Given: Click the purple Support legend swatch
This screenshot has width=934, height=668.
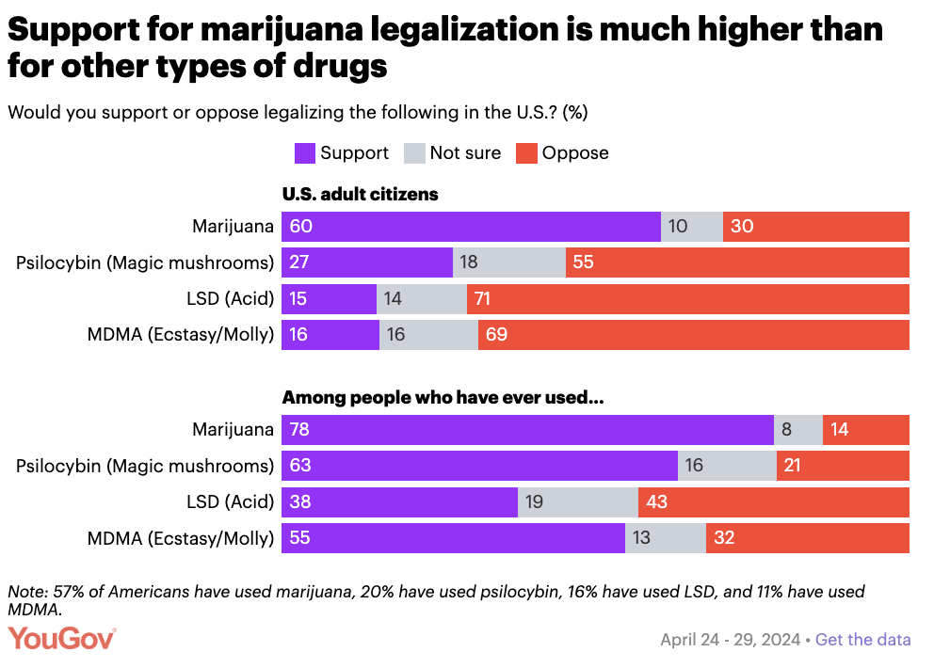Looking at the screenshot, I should tap(304, 153).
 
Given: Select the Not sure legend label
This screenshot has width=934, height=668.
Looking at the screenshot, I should tap(465, 152).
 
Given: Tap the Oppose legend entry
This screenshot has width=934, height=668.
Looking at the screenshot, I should tap(575, 152).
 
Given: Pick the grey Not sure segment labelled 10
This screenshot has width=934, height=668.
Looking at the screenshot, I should tap(692, 227).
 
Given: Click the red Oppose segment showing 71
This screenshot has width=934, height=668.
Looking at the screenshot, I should tap(688, 299).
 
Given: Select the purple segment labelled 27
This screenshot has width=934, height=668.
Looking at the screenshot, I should tap(367, 262).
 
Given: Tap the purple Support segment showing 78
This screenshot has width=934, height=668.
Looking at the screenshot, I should tap(527, 430).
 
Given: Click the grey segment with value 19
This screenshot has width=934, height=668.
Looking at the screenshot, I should tap(578, 501).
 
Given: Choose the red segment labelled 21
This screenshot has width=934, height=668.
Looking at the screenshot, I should tap(843, 466).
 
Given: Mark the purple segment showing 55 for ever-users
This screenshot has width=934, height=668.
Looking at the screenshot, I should tap(453, 538).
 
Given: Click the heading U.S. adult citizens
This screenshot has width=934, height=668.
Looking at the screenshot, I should tap(361, 195).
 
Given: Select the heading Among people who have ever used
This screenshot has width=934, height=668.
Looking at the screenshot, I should tap(443, 398).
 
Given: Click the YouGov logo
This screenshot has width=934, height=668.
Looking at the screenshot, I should tap(62, 639).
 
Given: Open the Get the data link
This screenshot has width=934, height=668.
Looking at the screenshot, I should tap(862, 640).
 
